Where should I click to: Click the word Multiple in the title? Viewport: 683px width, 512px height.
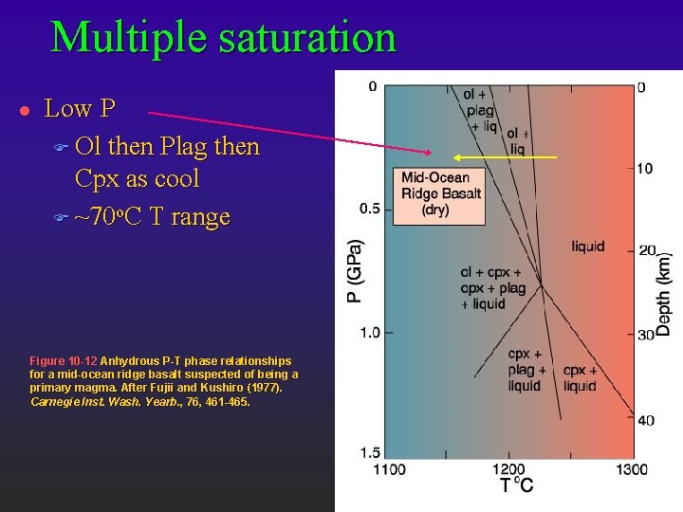(x=126, y=37)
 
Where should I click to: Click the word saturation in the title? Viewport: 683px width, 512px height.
(x=305, y=37)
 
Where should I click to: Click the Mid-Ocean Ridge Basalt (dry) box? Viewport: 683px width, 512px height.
(x=440, y=193)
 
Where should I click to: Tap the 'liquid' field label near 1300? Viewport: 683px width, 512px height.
(x=588, y=247)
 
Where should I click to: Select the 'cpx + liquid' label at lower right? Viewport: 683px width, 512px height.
(x=580, y=378)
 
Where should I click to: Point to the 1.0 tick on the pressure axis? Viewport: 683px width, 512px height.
(x=370, y=332)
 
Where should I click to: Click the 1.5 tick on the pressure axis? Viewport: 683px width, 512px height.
(x=370, y=453)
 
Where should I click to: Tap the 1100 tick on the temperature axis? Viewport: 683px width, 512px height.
(x=389, y=469)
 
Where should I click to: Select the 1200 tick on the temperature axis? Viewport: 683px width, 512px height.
(x=508, y=469)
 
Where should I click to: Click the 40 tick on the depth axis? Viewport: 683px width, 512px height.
(x=645, y=420)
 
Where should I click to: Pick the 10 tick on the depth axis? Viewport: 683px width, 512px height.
(x=645, y=169)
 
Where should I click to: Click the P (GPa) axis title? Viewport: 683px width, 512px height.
(x=352, y=270)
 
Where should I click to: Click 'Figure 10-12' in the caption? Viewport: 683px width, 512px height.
(x=63, y=361)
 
